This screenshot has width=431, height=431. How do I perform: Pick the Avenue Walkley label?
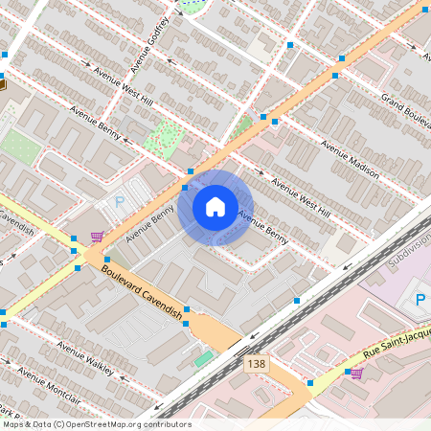[x=86, y=357]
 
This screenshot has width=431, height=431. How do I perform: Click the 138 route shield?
[x=256, y=364]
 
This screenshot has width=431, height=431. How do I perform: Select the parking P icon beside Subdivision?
[x=420, y=301]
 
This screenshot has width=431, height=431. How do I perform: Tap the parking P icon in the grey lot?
[x=120, y=202]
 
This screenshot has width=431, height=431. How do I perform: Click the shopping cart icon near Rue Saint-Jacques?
[x=356, y=373]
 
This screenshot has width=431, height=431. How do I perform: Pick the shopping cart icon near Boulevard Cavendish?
[x=96, y=236]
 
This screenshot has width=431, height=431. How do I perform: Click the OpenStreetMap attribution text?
[x=96, y=424]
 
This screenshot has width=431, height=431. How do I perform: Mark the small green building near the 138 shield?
[x=203, y=358]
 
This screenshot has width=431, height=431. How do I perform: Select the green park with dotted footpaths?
[x=163, y=138]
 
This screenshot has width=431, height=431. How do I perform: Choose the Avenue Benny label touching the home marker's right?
[x=261, y=226]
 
